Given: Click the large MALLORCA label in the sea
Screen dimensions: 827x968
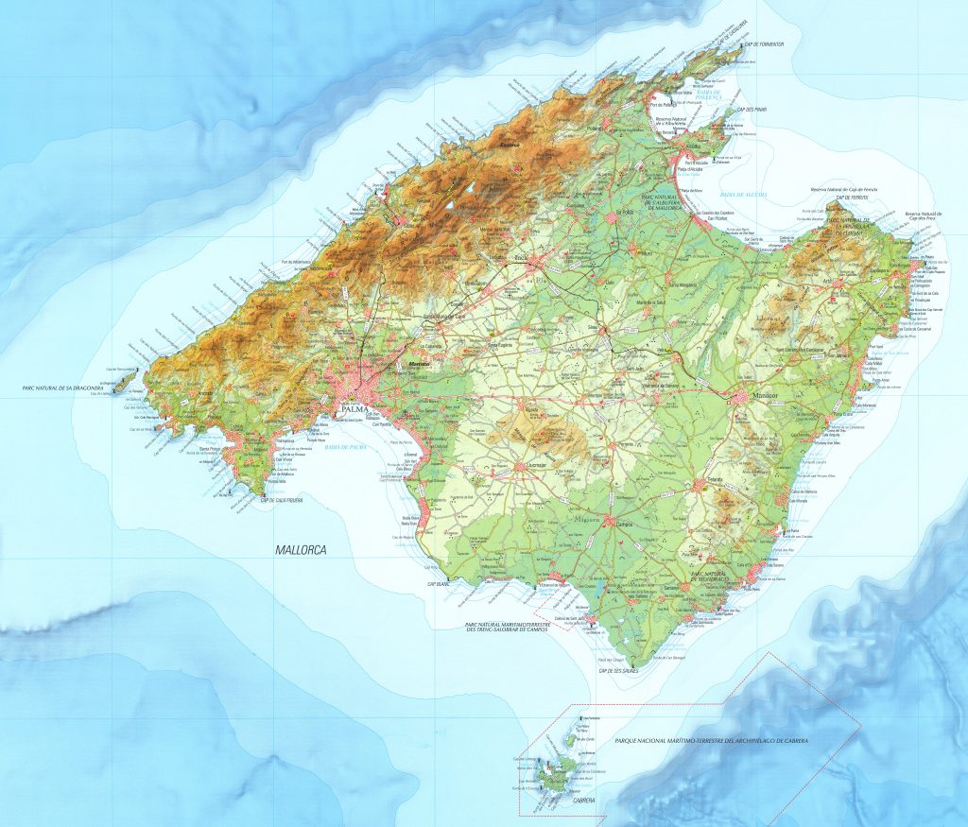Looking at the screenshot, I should (x=302, y=548).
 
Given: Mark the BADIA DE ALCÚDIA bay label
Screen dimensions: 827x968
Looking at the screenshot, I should (x=742, y=194).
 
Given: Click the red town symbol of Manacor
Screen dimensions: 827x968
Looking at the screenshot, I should (x=735, y=397).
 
